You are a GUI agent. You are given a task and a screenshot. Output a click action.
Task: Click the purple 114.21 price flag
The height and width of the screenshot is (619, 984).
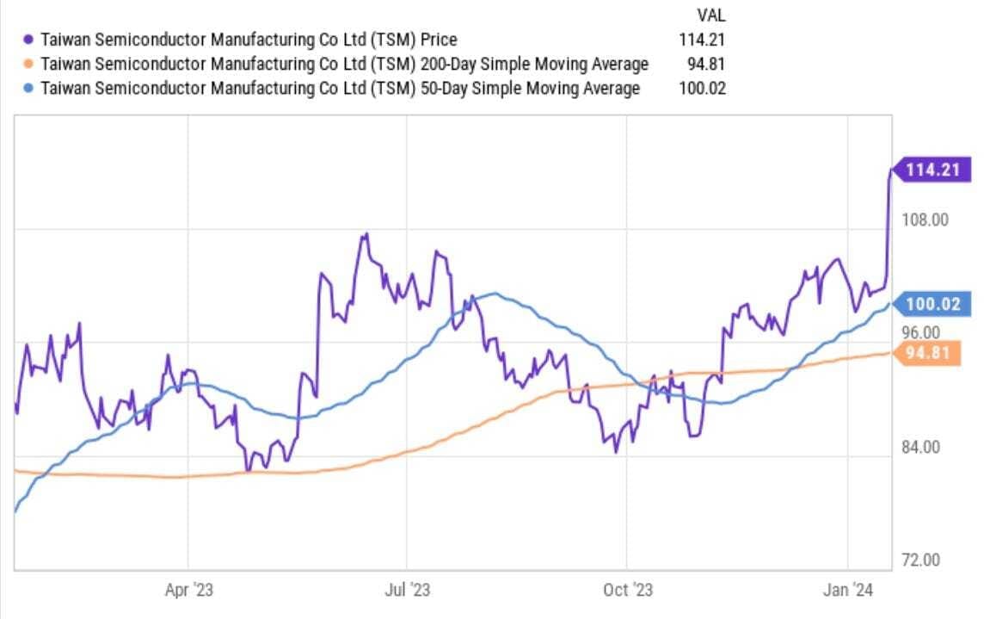coord(935,170)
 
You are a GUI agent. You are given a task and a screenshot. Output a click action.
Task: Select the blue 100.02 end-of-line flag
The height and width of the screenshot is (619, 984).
coord(935,304)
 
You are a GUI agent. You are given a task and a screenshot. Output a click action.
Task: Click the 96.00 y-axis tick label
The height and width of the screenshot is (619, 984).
coord(920,332)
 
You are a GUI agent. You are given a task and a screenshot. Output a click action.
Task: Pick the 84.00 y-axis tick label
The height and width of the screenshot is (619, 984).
coord(920,447)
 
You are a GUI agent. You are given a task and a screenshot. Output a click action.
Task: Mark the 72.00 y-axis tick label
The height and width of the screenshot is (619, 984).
coord(920,560)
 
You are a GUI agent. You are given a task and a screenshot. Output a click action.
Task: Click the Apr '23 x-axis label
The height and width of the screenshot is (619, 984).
coord(188,590)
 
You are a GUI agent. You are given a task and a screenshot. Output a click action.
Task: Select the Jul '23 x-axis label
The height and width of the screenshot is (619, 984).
coord(407,590)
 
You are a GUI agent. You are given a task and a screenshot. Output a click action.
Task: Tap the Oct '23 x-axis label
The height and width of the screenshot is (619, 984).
coord(628,590)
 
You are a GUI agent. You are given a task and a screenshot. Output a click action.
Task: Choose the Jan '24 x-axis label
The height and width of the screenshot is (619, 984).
coord(848,590)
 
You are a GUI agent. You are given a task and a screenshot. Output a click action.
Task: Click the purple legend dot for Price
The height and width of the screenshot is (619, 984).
coord(28,40)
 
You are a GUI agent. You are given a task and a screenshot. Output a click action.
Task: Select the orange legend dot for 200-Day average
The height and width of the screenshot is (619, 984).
coord(28,65)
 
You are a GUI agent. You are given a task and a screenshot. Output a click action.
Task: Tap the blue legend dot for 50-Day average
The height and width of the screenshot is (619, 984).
coord(28,89)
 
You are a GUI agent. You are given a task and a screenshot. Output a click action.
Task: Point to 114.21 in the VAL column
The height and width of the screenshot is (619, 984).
coord(702,40)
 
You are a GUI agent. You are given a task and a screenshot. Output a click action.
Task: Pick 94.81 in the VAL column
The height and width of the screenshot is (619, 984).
coord(706,65)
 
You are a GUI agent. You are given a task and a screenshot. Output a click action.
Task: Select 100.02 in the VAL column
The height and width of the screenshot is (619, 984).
coord(702,89)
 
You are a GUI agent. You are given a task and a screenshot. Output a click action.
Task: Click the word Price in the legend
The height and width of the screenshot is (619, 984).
coord(439,40)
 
